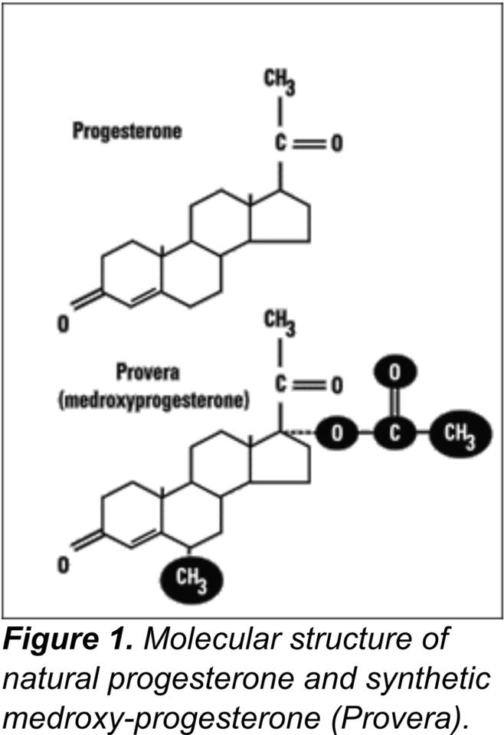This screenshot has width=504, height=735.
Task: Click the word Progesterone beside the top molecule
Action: click(x=126, y=131)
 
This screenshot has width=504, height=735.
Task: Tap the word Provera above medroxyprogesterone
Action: click(x=148, y=372)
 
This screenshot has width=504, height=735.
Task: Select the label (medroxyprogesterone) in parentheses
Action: click(x=154, y=400)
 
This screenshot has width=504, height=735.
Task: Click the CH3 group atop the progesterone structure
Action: click(x=280, y=82)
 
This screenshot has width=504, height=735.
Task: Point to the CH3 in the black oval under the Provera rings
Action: click(x=191, y=580)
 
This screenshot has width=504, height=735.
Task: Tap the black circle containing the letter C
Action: click(x=394, y=433)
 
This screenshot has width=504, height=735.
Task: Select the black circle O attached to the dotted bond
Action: click(x=337, y=433)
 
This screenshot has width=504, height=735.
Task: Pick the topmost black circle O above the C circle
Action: click(x=394, y=373)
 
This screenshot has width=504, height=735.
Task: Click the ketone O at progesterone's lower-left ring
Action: click(x=64, y=323)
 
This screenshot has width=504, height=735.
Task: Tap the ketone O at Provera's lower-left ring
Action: click(x=64, y=564)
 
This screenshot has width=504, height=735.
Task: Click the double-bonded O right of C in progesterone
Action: click(x=336, y=143)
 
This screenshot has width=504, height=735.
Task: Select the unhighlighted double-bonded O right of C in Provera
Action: click(x=336, y=385)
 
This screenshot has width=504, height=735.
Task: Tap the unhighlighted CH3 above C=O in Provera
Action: click(x=280, y=325)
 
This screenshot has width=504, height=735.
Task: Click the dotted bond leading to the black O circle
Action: click(x=300, y=433)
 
